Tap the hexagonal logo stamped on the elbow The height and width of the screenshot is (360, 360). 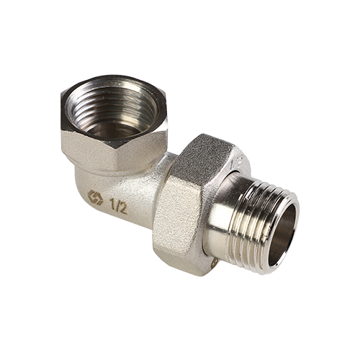(x=95, y=197)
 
